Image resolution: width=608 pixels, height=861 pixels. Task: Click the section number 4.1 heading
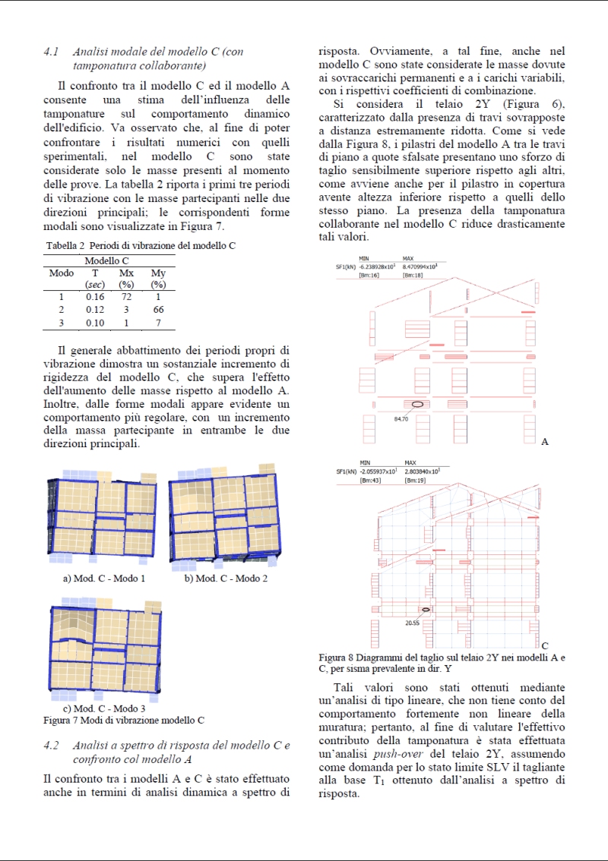coord(52,52)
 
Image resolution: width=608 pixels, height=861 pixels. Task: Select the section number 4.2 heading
coord(52,746)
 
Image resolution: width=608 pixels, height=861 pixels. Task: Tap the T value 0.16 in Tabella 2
coord(95,297)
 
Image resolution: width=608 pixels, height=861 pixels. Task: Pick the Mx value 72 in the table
coord(126,297)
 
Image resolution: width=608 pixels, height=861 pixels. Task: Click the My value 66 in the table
coord(158,310)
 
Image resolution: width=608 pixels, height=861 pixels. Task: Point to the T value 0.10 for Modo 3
coord(95,323)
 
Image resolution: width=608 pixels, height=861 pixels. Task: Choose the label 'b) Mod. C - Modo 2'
coord(226,579)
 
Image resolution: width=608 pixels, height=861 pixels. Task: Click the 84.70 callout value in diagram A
coord(401,418)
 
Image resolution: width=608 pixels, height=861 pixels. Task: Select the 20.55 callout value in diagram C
coord(413,623)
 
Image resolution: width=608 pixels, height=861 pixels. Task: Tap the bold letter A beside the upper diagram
coord(545,442)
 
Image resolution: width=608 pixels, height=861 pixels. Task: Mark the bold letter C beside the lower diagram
coord(545,646)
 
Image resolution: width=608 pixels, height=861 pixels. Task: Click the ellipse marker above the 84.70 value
coord(418,405)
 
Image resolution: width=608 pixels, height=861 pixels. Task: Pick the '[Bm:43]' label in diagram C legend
coord(370,480)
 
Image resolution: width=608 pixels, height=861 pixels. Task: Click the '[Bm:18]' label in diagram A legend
coord(413,275)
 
